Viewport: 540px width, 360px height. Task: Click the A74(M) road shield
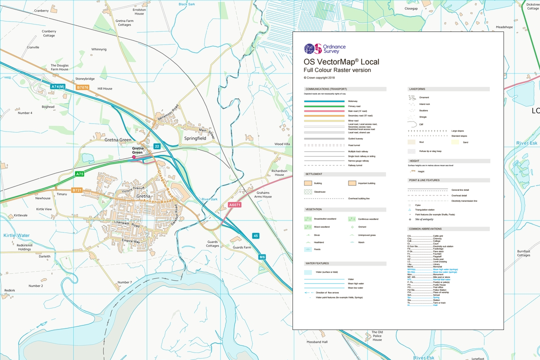tap(58, 87)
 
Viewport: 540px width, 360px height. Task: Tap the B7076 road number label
tap(82, 87)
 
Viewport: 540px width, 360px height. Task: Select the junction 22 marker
tap(157, 146)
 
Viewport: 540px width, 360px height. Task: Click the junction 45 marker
tap(255, 236)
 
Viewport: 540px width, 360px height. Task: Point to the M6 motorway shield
tap(262, 257)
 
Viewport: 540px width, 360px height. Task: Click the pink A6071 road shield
tap(234, 205)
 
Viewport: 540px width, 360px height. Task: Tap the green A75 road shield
tap(79, 174)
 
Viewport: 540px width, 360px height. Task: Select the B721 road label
tap(76, 190)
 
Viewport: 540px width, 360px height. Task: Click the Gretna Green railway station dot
tap(133, 157)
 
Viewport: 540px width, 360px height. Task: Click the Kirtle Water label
tap(16, 235)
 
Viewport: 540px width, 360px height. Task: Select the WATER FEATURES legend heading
tap(317, 263)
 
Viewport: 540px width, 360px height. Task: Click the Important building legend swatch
tap(352, 183)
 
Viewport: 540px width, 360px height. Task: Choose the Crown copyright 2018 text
tap(319, 77)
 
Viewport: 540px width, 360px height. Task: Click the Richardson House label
tap(279, 172)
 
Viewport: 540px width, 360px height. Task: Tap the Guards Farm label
tap(242, 247)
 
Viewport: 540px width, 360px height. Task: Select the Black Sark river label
tap(186, 4)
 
